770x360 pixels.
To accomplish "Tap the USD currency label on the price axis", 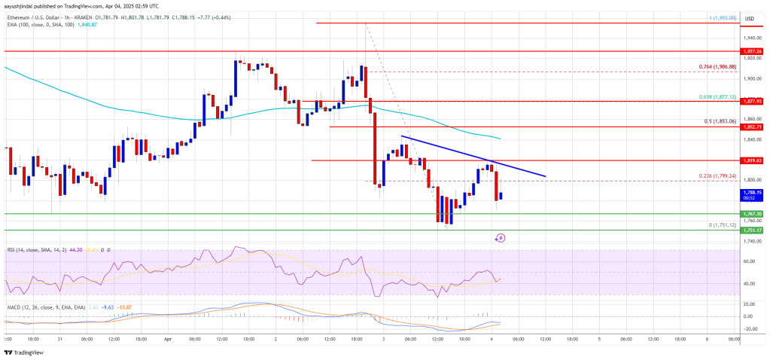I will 749,18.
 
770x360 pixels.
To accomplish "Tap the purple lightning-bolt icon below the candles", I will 501,238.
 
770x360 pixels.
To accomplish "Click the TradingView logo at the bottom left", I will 25,352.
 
